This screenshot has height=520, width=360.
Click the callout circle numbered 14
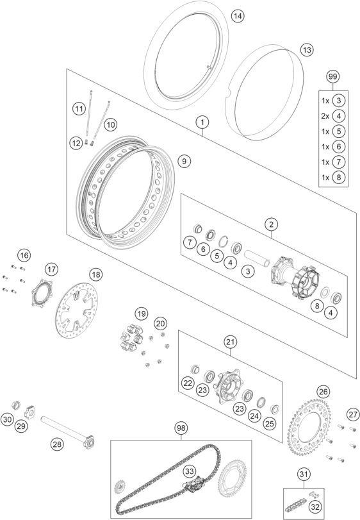(238, 15)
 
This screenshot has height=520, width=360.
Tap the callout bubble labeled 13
(307, 50)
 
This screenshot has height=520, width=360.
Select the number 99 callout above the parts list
(332, 76)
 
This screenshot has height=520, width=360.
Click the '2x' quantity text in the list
(325, 116)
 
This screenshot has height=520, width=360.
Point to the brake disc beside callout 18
(76, 310)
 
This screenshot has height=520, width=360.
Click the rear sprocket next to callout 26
(309, 427)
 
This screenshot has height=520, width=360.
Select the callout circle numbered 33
(190, 471)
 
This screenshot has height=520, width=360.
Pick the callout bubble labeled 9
(184, 162)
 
